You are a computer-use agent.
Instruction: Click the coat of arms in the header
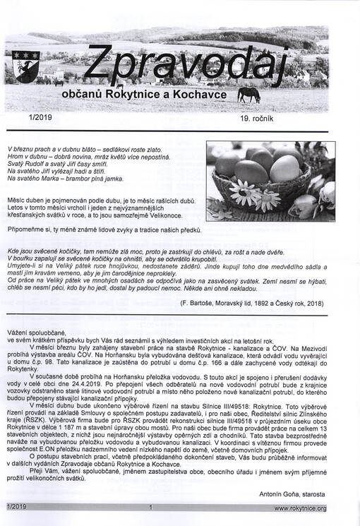tap(26, 65)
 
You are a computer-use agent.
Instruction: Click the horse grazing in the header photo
tap(248, 94)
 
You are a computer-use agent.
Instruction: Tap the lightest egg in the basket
tap(284, 169)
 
